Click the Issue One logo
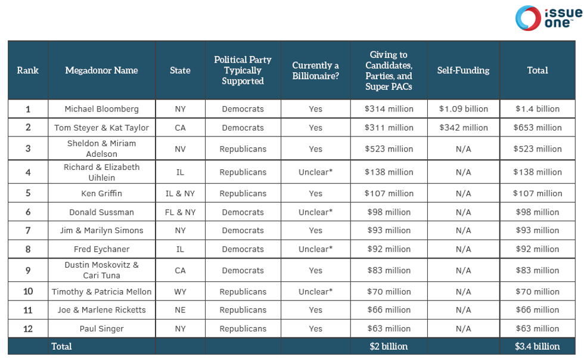pos(548,18)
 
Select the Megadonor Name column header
pos(101,70)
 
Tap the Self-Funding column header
pos(463,70)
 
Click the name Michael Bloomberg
pos(101,109)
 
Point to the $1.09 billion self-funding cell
pos(463,109)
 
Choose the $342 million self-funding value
pos(463,128)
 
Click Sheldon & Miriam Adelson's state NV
pos(180,149)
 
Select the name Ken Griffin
pos(101,194)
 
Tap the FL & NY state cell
pos(180,212)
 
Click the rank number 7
pos(27,231)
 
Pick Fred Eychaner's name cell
pos(101,249)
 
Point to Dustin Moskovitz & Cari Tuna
pos(101,270)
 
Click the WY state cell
pos(180,292)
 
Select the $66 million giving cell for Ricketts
pos(389,310)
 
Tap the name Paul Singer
pos(101,328)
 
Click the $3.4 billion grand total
pos(537,346)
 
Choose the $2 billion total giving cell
pos(389,346)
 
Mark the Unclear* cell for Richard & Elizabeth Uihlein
pos(315,172)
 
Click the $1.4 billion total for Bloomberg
pos(537,109)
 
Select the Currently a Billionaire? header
pos(315,70)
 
